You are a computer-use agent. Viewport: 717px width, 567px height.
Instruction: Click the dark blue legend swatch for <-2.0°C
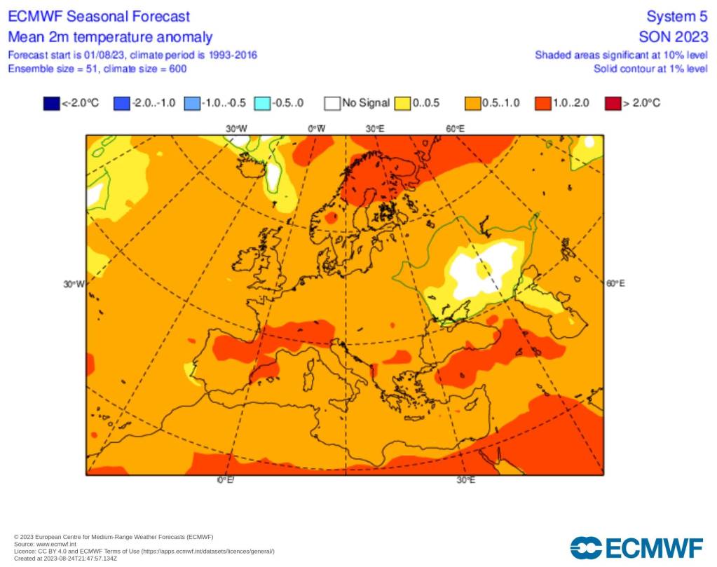click(51, 104)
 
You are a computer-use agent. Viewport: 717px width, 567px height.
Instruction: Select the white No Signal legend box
click(332, 104)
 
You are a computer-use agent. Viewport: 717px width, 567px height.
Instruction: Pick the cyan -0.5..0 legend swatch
click(262, 104)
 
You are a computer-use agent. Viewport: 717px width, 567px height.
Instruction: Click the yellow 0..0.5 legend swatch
click(402, 104)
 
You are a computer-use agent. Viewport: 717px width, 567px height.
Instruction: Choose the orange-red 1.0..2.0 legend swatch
click(543, 104)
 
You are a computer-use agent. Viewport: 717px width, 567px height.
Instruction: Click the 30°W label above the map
click(237, 128)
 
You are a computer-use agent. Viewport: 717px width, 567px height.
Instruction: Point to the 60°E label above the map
click(455, 128)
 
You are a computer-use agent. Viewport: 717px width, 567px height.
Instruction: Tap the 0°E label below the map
click(225, 480)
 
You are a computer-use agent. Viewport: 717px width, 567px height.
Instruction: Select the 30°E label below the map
click(466, 480)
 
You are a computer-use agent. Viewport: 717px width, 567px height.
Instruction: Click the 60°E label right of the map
click(615, 283)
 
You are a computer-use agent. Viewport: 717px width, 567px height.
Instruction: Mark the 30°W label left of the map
click(74, 284)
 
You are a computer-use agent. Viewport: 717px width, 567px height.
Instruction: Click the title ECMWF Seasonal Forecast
click(99, 16)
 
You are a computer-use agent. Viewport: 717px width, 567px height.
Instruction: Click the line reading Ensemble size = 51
click(97, 69)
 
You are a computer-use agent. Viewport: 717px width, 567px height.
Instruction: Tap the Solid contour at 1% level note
click(650, 69)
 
